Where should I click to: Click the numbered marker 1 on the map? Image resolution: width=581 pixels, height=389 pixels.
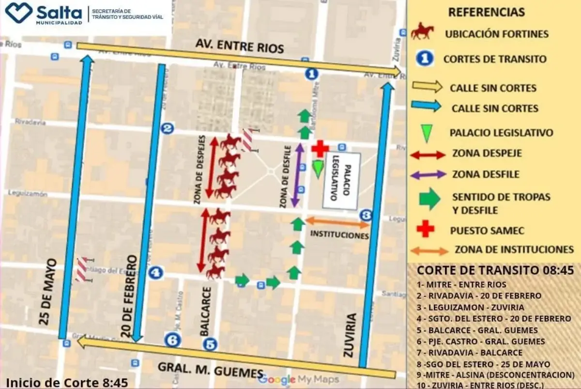point(312,74)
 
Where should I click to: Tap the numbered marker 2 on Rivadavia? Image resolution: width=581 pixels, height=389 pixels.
point(168,128)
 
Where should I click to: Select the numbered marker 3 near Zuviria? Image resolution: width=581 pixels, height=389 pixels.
point(366,215)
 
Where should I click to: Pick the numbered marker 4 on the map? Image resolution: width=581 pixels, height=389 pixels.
point(155,273)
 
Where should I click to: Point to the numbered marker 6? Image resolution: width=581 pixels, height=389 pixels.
point(172,340)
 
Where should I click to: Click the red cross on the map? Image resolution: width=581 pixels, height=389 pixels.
point(320,149)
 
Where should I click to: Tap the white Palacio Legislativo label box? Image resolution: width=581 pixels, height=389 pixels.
point(342,182)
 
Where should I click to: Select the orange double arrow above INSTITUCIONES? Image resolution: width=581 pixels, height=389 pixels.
point(337,222)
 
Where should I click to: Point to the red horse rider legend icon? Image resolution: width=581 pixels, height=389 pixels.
point(422,32)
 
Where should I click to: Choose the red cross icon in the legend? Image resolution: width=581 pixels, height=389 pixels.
point(426,229)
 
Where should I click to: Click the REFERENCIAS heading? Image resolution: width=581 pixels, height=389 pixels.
point(486,12)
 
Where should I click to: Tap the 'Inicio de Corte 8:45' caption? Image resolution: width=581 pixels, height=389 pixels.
point(67,382)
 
